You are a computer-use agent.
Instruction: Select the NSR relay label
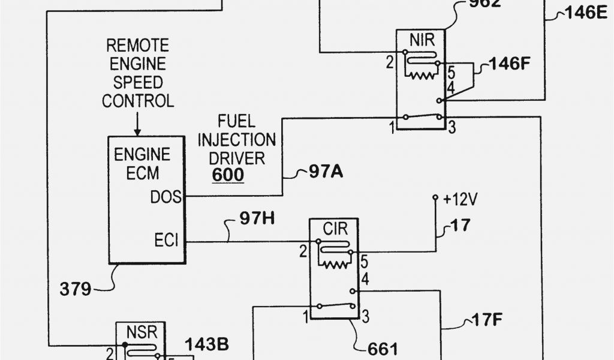click(140, 331)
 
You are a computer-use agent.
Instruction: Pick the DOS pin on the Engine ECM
click(165, 196)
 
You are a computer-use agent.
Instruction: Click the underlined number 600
click(227, 175)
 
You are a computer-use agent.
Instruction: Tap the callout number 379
click(76, 290)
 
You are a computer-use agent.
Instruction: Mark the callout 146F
click(511, 63)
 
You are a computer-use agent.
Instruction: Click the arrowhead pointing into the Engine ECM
click(137, 131)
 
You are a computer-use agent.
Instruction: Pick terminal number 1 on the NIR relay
click(392, 127)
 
